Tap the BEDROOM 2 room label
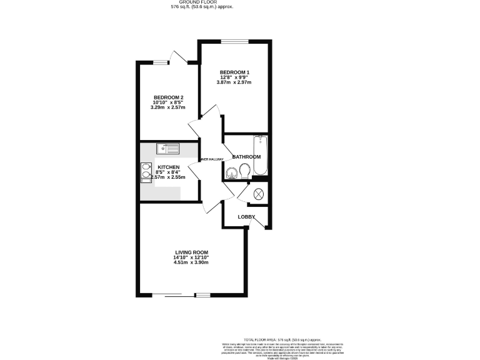pos(169,97)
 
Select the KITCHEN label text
pos(169,167)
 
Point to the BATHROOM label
pos(246,157)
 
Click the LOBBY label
pos(246,217)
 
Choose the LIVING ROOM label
pos(191,252)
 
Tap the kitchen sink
pos(168,148)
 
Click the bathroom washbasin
pos(232,173)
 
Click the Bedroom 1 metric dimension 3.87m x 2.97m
pos(233,83)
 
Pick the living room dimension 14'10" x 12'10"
pos(191,257)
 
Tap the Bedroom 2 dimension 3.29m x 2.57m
pos(169,107)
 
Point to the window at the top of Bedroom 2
pos(162,62)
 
